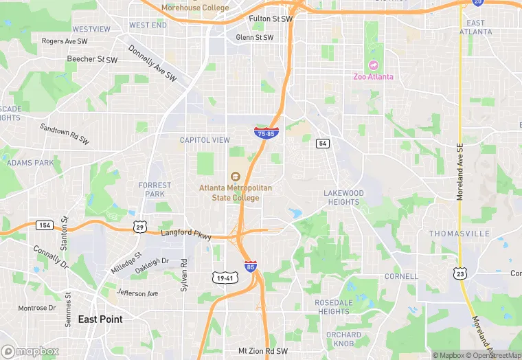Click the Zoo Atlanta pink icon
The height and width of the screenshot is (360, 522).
click(x=374, y=65)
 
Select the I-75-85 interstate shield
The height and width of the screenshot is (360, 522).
click(x=266, y=133)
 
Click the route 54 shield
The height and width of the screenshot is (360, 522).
click(x=323, y=143)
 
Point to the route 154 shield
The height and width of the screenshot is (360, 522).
click(x=45, y=225)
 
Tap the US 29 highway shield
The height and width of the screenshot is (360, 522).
click(x=140, y=227)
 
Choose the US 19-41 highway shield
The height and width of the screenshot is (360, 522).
click(x=225, y=276)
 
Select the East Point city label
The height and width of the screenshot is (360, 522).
click(x=100, y=319)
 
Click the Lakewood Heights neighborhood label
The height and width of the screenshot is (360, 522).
click(x=343, y=197)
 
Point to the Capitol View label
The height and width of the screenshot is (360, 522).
click(x=205, y=140)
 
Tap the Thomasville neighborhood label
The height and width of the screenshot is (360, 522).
click(x=459, y=234)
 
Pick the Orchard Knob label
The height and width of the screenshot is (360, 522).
click(x=343, y=339)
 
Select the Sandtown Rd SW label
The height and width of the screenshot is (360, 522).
click(x=65, y=133)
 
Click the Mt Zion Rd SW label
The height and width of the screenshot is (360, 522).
click(x=263, y=351)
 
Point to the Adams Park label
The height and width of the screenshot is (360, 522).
click(x=30, y=163)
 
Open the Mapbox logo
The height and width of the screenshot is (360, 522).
click(x=30, y=351)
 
